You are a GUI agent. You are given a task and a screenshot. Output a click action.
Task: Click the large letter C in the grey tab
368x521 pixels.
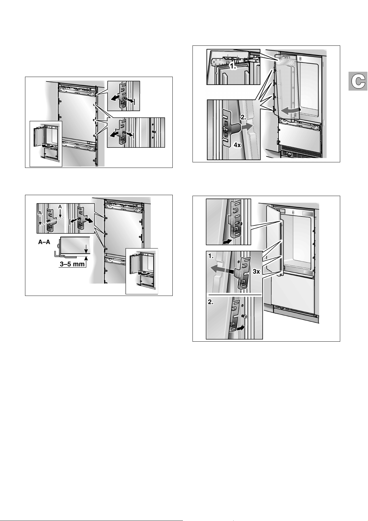[358, 81]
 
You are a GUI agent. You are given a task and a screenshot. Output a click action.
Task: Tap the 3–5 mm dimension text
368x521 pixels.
[72, 264]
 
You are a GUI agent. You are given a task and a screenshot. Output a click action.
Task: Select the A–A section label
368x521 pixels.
[44, 242]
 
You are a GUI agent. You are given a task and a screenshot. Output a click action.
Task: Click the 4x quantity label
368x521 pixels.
[237, 145]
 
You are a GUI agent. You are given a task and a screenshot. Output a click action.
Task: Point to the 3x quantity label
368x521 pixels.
[256, 271]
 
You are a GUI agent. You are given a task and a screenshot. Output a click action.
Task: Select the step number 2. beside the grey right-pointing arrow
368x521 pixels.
[243, 117]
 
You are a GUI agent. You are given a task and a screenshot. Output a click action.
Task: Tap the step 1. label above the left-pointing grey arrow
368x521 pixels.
[211, 256]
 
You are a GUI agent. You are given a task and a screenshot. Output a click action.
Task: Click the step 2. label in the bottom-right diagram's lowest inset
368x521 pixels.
[211, 303]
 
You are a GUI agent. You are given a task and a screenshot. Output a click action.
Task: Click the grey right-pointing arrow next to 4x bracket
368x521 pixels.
[247, 127]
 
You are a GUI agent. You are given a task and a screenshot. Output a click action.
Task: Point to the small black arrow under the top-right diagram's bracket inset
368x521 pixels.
[227, 242]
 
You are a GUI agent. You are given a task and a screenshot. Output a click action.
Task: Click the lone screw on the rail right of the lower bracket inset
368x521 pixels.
[154, 132]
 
